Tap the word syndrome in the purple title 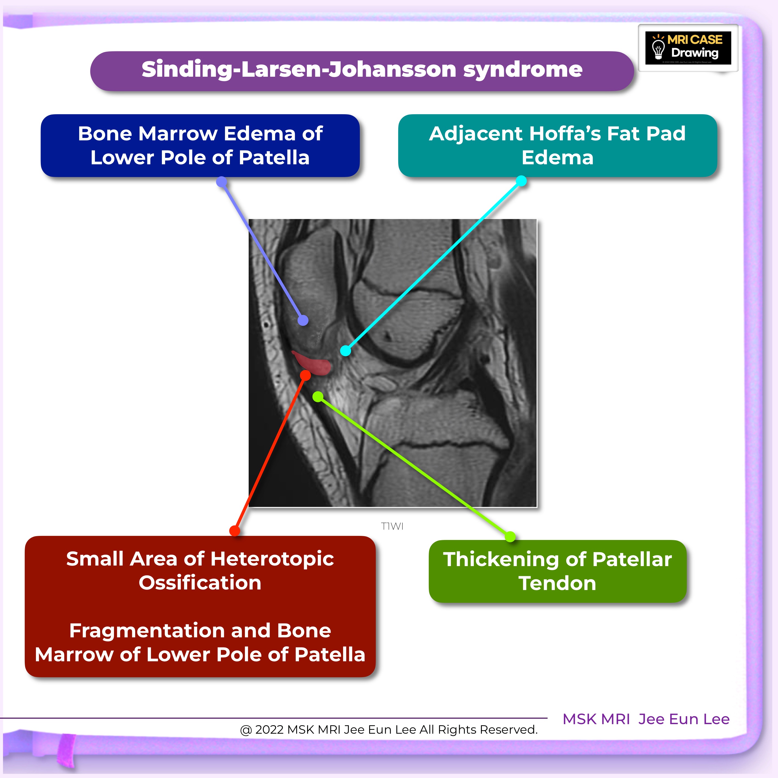(x=523, y=69)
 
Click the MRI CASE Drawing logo (x=688, y=48)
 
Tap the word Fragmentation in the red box (x=169, y=631)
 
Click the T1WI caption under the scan (x=392, y=526)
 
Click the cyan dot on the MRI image (x=345, y=351)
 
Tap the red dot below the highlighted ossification (x=306, y=376)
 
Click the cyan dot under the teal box (x=521, y=181)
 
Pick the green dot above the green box (x=510, y=536)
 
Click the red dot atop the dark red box (x=234, y=531)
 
